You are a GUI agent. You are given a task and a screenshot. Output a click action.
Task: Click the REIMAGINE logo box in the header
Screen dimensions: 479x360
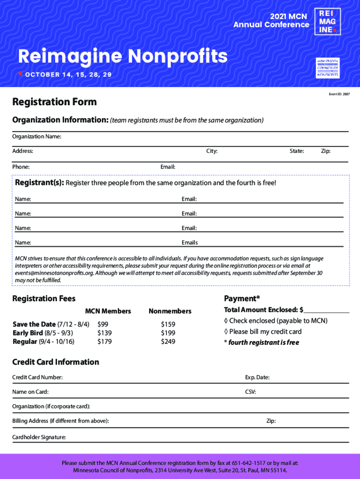click(x=327, y=22)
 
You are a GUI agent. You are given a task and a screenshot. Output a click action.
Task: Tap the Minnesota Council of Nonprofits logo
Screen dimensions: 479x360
click(x=328, y=68)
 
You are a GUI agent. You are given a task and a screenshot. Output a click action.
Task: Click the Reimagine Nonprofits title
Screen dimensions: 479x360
click(x=122, y=57)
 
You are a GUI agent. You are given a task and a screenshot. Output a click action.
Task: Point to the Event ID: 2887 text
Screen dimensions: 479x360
click(x=339, y=94)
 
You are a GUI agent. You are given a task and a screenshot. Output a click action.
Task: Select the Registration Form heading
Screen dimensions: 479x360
click(x=54, y=102)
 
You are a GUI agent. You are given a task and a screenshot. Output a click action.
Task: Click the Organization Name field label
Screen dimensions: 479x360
click(x=36, y=137)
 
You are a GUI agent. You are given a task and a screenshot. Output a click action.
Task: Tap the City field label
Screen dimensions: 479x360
click(x=212, y=151)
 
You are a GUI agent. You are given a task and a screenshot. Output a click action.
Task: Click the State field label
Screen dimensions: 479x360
click(x=297, y=151)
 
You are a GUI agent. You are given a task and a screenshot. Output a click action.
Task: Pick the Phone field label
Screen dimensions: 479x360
click(x=21, y=167)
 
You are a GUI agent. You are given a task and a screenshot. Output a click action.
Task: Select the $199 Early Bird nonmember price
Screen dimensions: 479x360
click(x=168, y=333)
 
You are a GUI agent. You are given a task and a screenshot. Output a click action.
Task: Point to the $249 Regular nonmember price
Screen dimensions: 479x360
click(x=168, y=342)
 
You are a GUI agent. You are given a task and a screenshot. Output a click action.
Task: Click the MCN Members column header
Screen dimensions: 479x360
click(x=108, y=311)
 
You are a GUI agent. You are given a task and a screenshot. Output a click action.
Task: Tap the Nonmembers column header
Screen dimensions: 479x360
click(x=170, y=311)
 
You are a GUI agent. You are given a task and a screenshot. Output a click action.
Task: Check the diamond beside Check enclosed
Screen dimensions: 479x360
click(x=226, y=321)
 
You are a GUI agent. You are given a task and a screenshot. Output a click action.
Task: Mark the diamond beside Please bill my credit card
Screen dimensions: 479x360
click(x=226, y=332)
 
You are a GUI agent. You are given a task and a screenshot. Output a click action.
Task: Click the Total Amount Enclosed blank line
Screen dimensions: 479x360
click(x=326, y=310)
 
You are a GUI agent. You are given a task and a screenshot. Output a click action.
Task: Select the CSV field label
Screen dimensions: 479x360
click(x=250, y=392)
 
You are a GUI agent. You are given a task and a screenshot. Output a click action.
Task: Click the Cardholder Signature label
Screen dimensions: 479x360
click(x=39, y=437)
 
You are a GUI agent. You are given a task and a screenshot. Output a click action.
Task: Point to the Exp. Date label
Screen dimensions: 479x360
click(x=257, y=377)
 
